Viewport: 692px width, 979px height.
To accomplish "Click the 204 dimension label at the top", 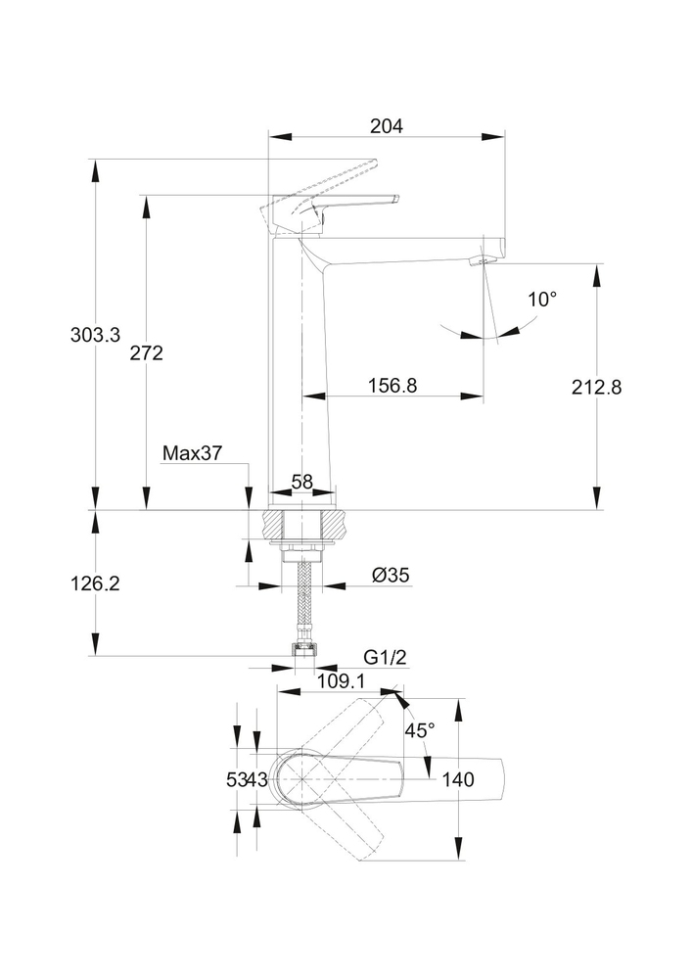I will pyautogui.click(x=387, y=125).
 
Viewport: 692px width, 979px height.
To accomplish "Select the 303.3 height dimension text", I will pyautogui.click(x=95, y=335).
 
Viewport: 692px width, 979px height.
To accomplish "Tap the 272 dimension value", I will pyautogui.click(x=146, y=353).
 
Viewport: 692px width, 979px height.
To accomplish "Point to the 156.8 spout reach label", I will pyautogui.click(x=392, y=386).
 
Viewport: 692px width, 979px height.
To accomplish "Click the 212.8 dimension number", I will pyautogui.click(x=597, y=387).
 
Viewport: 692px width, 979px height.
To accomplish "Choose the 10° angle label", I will pyautogui.click(x=541, y=300).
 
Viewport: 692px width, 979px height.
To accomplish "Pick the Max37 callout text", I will pyautogui.click(x=192, y=453).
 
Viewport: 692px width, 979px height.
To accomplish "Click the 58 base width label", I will pyautogui.click(x=302, y=482).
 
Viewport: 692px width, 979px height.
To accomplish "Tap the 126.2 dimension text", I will pyautogui.click(x=95, y=583).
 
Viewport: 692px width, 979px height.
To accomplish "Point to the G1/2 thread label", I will pyautogui.click(x=385, y=657).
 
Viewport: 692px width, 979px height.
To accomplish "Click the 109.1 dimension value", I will pyautogui.click(x=341, y=679).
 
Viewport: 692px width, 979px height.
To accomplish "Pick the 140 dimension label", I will pyautogui.click(x=458, y=780).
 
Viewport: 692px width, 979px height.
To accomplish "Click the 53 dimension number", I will pyautogui.click(x=236, y=780).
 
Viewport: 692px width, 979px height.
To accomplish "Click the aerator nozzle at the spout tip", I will pyautogui.click(x=480, y=261).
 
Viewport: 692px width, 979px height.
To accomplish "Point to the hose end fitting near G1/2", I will pyautogui.click(x=303, y=648).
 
